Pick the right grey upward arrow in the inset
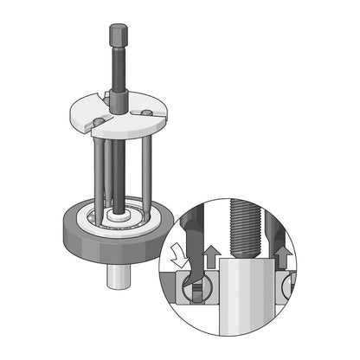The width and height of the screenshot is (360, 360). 281,256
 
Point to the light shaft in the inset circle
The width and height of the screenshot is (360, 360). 245,303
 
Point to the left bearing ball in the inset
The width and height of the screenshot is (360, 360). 190,291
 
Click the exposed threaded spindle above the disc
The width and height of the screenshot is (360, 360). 116,74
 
